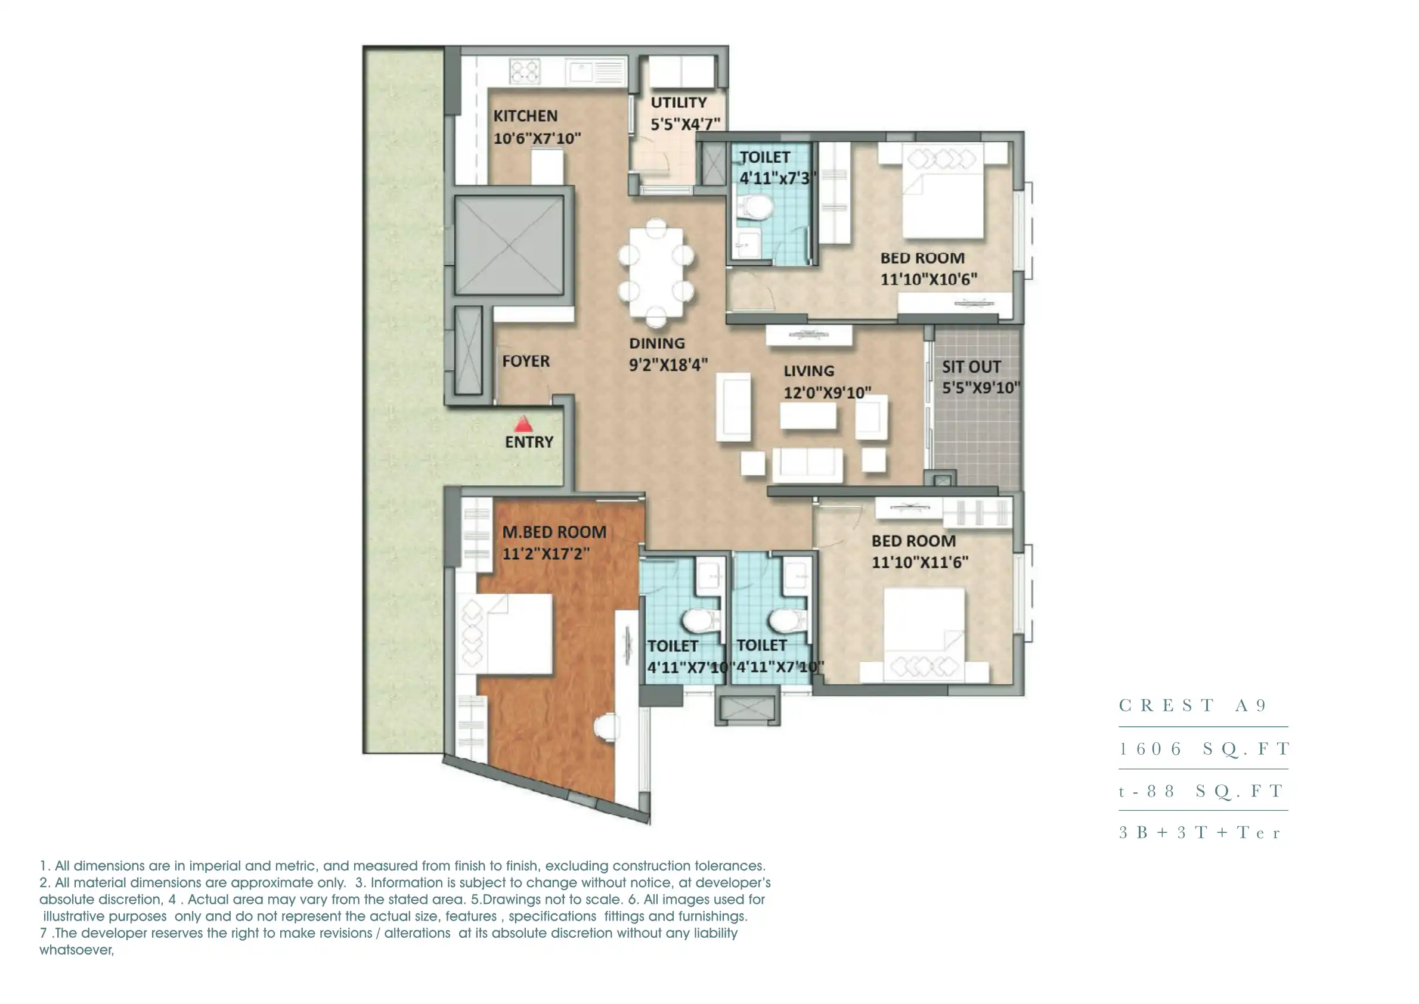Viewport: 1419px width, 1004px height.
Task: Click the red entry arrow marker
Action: pyautogui.click(x=523, y=424)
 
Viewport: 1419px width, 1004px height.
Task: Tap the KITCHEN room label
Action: pyautogui.click(x=525, y=116)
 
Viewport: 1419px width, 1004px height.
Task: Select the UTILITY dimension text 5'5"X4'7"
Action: pyautogui.click(x=685, y=124)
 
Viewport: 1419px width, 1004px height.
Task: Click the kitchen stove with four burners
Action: pyautogui.click(x=524, y=71)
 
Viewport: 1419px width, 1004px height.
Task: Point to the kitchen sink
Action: pyautogui.click(x=581, y=72)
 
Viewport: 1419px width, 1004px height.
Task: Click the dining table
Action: pyautogui.click(x=656, y=272)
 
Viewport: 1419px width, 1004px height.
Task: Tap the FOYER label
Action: pyautogui.click(x=525, y=361)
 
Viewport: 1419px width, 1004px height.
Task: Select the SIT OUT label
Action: pyautogui.click(x=971, y=367)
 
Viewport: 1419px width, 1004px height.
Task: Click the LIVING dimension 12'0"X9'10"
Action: pyautogui.click(x=827, y=392)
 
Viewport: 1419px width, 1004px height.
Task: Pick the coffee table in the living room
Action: pyautogui.click(x=807, y=416)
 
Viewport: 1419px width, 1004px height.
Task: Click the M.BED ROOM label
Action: pyautogui.click(x=554, y=532)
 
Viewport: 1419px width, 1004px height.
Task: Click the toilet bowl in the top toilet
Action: pyautogui.click(x=754, y=207)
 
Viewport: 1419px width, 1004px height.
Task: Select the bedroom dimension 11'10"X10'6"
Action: pyautogui.click(x=928, y=280)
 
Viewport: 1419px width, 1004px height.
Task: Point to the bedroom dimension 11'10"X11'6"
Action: pyautogui.click(x=919, y=563)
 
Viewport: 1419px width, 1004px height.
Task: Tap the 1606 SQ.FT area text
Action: pyautogui.click(x=1203, y=749)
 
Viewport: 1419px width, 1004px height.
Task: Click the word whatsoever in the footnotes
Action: pyautogui.click(x=77, y=950)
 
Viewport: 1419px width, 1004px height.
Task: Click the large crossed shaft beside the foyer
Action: pyautogui.click(x=509, y=246)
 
